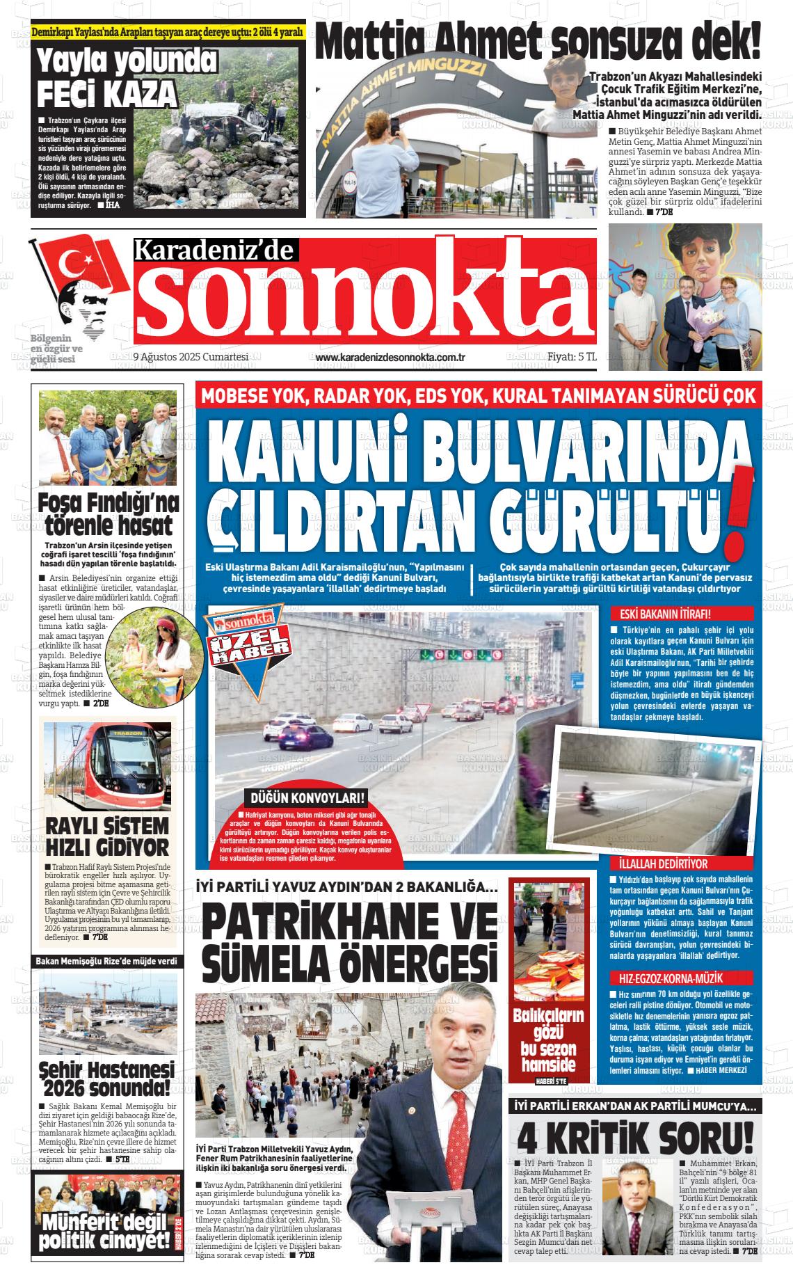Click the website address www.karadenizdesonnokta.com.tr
[390, 357]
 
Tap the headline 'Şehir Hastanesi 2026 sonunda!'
[107, 1079]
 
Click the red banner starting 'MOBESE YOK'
[478, 396]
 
